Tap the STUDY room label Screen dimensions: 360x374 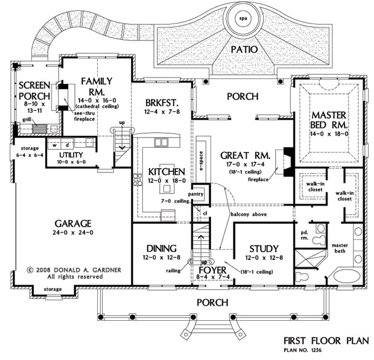tap(264, 248)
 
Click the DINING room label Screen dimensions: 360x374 tap(160, 248)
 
